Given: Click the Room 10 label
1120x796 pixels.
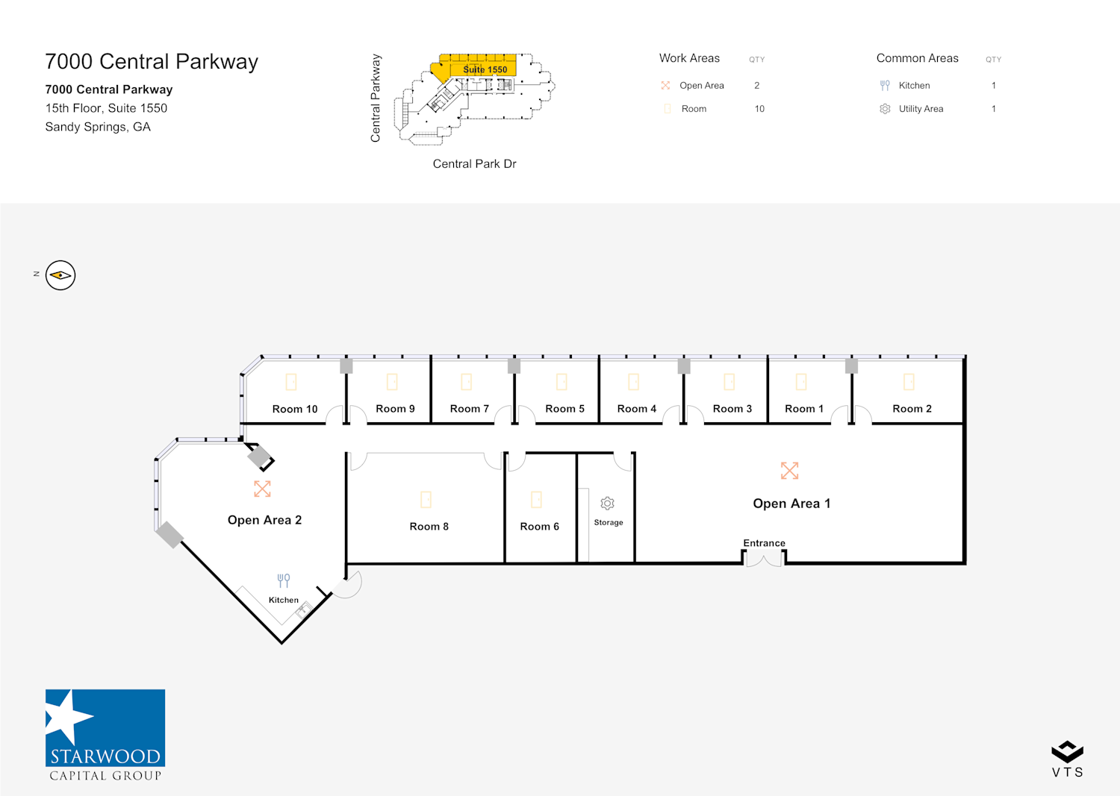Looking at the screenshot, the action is pyautogui.click(x=294, y=409).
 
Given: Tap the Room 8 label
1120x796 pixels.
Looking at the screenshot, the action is pyautogui.click(x=429, y=527).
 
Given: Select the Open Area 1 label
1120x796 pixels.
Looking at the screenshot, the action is pyautogui.click(x=791, y=504).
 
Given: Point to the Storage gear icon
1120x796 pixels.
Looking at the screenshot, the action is pyautogui.click(x=608, y=504).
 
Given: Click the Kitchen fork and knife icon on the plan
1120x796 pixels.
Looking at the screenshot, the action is pyautogui.click(x=284, y=580).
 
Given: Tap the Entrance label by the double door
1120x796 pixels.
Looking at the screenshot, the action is pyautogui.click(x=764, y=543).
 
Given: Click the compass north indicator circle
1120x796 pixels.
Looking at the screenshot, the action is pyautogui.click(x=60, y=275).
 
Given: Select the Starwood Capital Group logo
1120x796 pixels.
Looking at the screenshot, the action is pyautogui.click(x=105, y=735).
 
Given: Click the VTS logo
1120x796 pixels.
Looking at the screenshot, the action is pyautogui.click(x=1067, y=759).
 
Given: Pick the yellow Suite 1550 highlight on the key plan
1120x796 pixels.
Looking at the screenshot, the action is pyautogui.click(x=478, y=66).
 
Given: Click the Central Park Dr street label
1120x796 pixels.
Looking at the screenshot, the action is pyautogui.click(x=474, y=164).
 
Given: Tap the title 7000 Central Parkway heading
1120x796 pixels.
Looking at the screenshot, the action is pyautogui.click(x=152, y=62).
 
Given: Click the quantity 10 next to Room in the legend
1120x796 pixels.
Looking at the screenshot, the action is pyautogui.click(x=759, y=109).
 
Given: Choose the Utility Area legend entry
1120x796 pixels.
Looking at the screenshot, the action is pyautogui.click(x=921, y=109).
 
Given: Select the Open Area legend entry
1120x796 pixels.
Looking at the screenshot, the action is pyautogui.click(x=701, y=86).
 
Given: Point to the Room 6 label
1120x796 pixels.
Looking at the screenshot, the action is pyautogui.click(x=539, y=527).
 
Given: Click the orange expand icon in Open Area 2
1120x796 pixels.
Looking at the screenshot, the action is pyautogui.click(x=262, y=489).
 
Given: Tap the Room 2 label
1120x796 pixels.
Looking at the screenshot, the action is pyautogui.click(x=912, y=409).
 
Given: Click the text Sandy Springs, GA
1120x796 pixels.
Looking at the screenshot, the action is pyautogui.click(x=98, y=127).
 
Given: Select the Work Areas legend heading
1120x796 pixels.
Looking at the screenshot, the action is pyautogui.click(x=689, y=58).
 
